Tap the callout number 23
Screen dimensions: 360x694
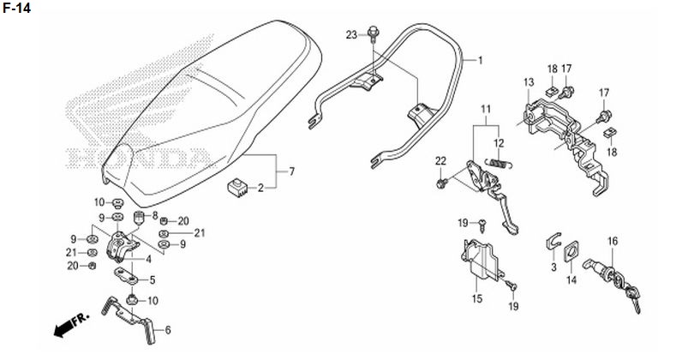point(351,34)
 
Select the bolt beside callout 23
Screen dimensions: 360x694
point(373,34)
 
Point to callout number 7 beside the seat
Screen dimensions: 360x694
point(291,172)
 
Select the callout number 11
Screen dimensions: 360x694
point(486,110)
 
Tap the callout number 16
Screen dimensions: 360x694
point(612,242)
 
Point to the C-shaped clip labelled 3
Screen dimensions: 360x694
point(553,243)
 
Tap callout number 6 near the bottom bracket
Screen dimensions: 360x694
point(168,329)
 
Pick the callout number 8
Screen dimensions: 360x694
point(154,216)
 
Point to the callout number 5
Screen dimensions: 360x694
point(153,279)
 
